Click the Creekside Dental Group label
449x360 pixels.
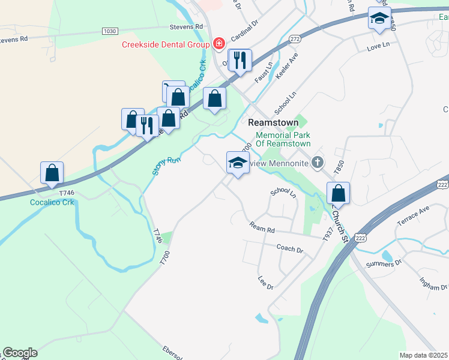(x=165, y=44)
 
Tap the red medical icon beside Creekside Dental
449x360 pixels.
(x=218, y=43)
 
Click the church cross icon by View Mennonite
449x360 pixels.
(x=318, y=162)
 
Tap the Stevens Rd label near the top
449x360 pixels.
(x=186, y=26)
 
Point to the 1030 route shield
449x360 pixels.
(x=109, y=31)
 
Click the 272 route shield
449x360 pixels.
(x=294, y=38)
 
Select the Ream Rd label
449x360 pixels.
(x=262, y=228)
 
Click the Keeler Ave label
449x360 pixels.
(x=287, y=65)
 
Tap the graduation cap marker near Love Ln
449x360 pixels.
(x=379, y=19)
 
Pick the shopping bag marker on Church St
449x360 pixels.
(x=339, y=193)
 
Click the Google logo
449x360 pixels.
(x=20, y=353)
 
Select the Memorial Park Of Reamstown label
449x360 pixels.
(x=283, y=139)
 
